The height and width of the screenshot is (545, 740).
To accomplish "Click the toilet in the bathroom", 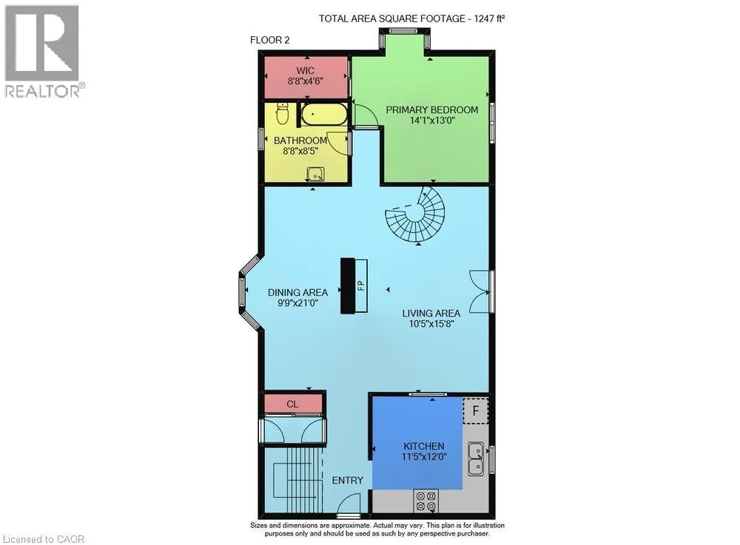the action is pos(282,114).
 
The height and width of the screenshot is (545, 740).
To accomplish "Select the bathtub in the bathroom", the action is pos(324,115).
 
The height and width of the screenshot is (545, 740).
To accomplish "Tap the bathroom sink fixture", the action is pos(315,175).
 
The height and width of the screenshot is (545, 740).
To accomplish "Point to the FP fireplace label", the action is pos(360,285).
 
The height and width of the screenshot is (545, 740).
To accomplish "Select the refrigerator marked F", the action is pos(476,410).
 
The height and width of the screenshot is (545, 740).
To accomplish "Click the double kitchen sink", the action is pos(476,458).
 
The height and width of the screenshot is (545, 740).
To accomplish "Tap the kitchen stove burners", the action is pos(426,501).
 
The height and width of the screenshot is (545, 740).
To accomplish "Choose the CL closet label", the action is pos(292,404).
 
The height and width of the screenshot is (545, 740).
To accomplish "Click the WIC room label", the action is pos(306,71).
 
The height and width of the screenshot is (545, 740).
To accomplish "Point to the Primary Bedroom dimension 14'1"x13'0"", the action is pos(432,121).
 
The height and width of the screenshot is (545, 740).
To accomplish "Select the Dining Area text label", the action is pos(297,292).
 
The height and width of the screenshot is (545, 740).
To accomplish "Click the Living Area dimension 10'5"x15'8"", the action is pos(431,324).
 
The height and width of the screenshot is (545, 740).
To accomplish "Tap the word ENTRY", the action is pos(348,481).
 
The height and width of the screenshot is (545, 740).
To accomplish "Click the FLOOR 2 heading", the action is pos(270,40).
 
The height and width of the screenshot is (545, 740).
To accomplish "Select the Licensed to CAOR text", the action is pos(44,539).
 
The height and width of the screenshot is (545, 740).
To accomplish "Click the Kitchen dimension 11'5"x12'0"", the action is pos(424,456).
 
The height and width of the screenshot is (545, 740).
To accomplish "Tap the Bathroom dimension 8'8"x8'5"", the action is pos(300,151).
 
